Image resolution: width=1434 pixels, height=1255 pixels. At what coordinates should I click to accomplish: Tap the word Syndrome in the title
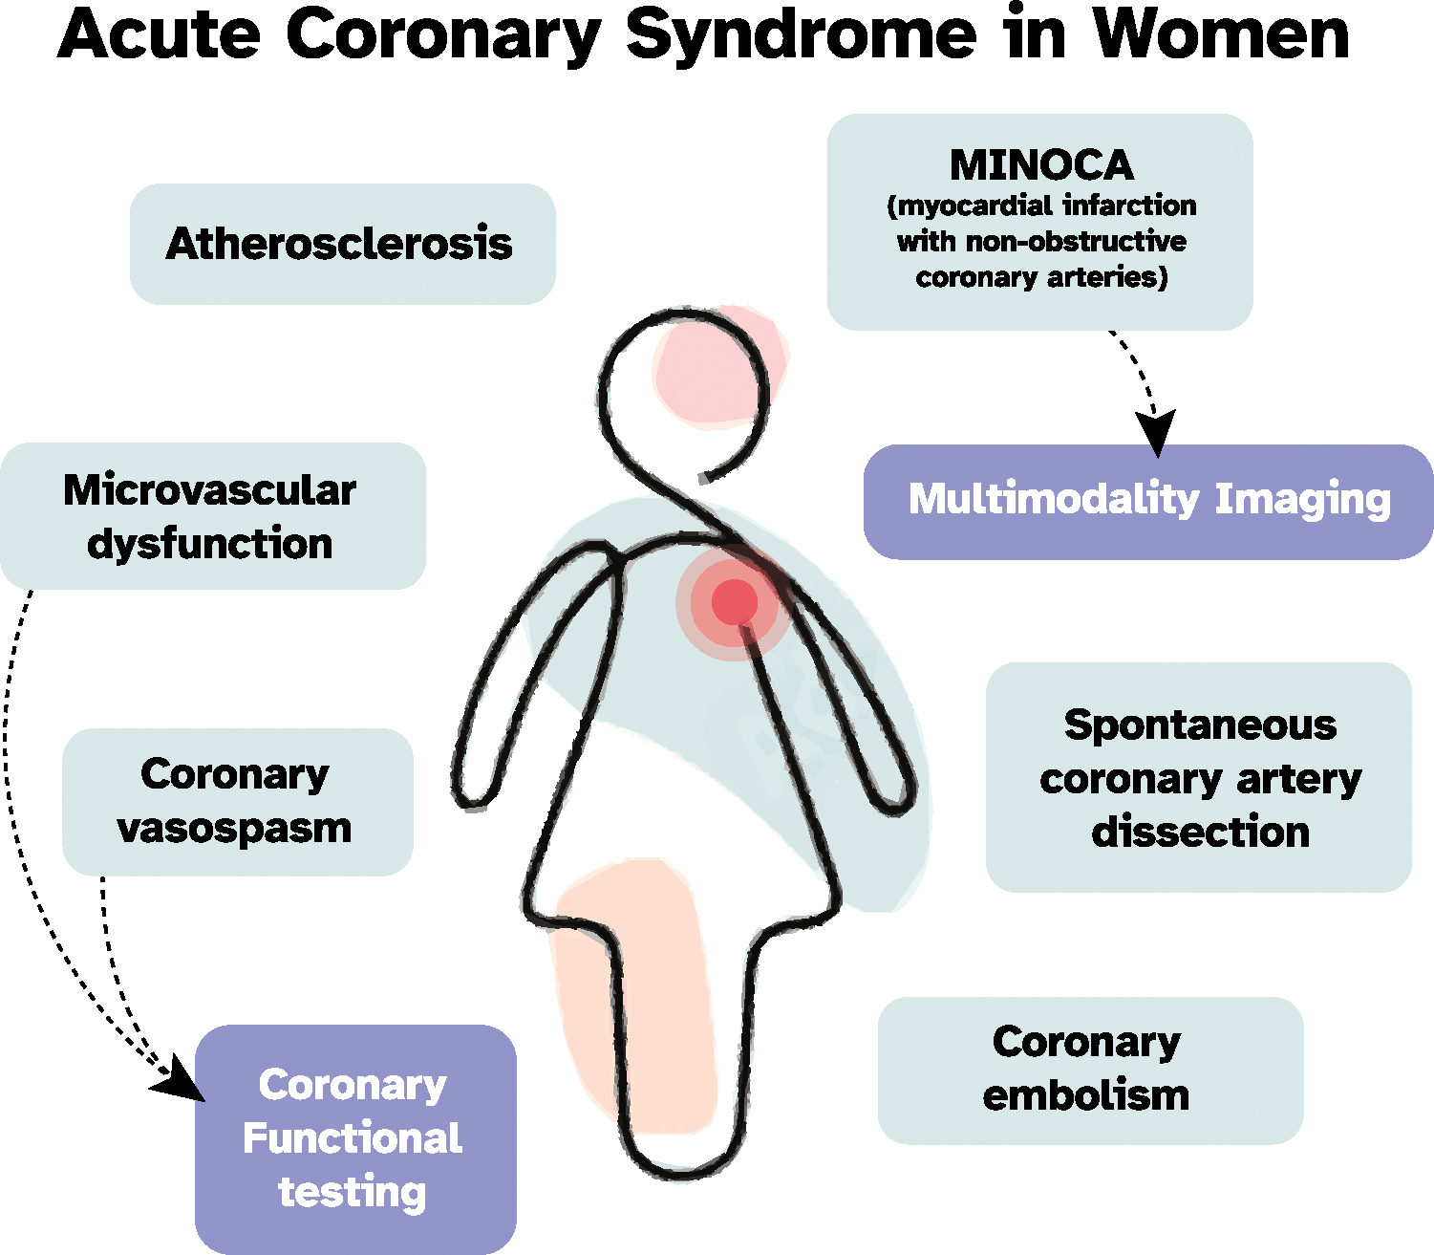click(x=801, y=36)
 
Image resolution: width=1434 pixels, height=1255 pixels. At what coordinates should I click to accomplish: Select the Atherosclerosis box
click(x=342, y=244)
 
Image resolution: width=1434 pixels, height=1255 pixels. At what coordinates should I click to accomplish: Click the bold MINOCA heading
click(x=1041, y=165)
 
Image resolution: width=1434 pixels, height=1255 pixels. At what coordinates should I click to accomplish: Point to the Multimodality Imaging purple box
click(x=1148, y=501)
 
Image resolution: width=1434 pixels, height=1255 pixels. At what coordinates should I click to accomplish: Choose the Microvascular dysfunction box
click(x=212, y=516)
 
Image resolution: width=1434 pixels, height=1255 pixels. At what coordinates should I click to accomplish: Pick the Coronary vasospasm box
click(x=237, y=802)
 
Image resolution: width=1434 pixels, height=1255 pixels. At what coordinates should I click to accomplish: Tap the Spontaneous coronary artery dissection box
click(x=1199, y=777)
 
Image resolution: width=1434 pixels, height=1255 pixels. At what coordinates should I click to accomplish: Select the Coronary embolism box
click(x=1090, y=1070)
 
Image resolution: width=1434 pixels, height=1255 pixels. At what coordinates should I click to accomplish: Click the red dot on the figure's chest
click(x=734, y=602)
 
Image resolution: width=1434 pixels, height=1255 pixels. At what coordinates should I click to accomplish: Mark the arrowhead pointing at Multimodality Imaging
click(x=1156, y=434)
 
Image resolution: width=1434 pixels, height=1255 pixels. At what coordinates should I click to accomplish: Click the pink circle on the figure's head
click(x=718, y=368)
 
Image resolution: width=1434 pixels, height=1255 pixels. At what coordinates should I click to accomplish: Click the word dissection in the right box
click(x=1200, y=832)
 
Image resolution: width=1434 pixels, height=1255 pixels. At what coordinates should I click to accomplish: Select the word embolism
click(x=1086, y=1095)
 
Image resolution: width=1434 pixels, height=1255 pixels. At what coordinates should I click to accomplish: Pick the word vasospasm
click(x=235, y=828)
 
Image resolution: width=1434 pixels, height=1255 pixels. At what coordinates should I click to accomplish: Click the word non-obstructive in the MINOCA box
click(x=1076, y=241)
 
